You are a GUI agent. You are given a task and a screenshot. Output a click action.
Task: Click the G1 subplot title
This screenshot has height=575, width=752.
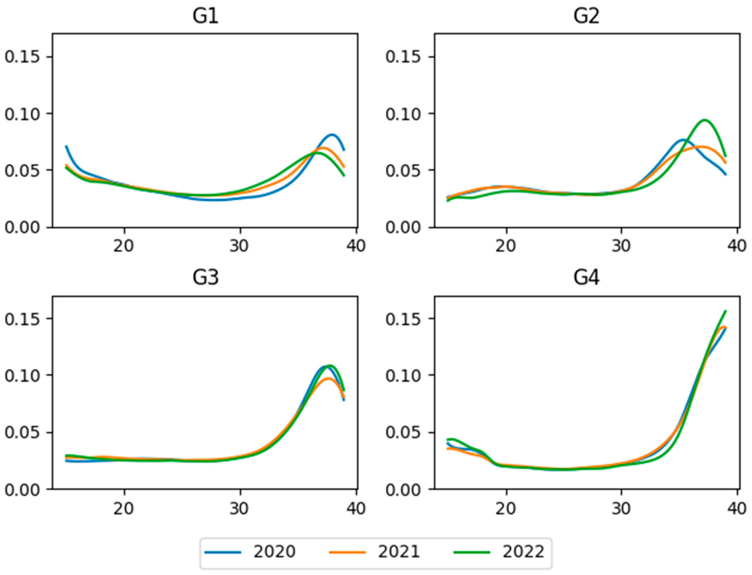point(205,17)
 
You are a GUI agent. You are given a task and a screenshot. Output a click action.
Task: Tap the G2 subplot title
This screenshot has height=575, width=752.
point(586,17)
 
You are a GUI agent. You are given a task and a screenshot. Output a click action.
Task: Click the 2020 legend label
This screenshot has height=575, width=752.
point(274,552)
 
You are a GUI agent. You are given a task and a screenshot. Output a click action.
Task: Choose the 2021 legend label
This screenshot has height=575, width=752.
point(399,552)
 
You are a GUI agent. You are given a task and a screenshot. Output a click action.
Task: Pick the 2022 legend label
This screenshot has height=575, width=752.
point(524,552)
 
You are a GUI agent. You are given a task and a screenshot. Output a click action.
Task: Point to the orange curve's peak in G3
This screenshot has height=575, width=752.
point(328,378)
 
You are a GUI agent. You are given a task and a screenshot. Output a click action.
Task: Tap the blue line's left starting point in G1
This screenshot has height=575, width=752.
point(66,146)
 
